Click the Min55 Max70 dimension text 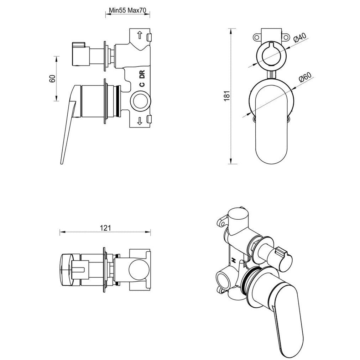pos(127,10)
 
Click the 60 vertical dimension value pos(52,78)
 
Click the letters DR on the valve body pos(142,75)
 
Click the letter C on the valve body pos(142,84)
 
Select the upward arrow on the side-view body pos(140,35)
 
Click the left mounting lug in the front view pos(257,37)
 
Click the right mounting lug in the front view pos(286,37)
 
